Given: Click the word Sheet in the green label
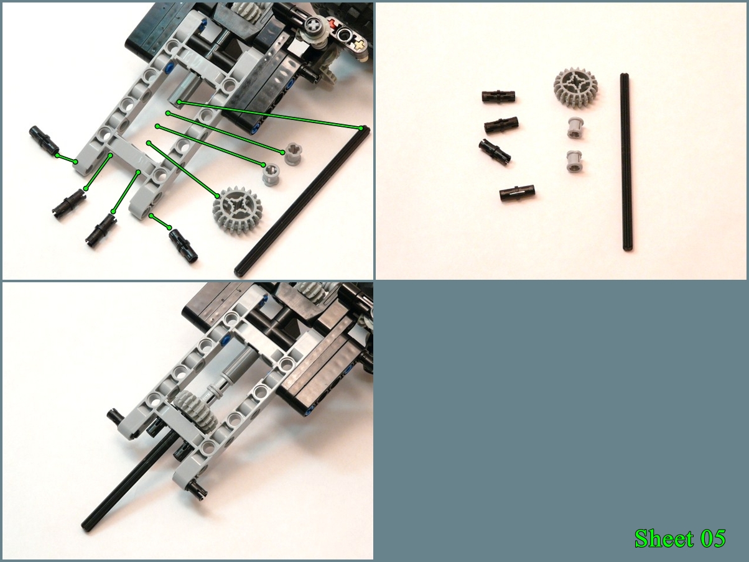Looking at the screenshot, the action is [663, 538].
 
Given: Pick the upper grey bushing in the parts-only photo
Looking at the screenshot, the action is [576, 128].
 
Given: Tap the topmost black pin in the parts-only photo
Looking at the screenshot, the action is [498, 96].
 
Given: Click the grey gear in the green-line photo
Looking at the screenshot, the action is [236, 208].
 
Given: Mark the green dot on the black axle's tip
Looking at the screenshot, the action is [361, 128].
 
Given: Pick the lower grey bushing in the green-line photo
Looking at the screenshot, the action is [271, 173].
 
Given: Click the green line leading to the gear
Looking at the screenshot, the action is [182, 169].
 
